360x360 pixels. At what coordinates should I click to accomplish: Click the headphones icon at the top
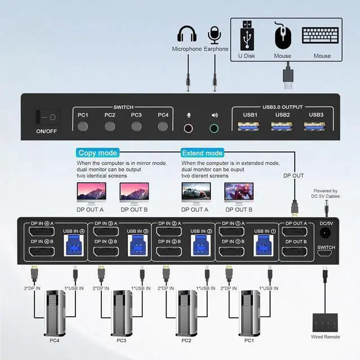[187, 34]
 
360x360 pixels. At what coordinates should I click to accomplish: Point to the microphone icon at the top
[214, 34]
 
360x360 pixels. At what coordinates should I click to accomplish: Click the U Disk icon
[247, 35]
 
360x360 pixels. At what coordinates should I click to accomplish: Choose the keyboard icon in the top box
[322, 35]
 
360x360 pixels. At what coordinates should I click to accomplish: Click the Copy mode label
[98, 152]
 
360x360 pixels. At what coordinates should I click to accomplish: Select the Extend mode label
[202, 152]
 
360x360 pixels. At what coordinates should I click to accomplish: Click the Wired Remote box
[326, 323]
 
